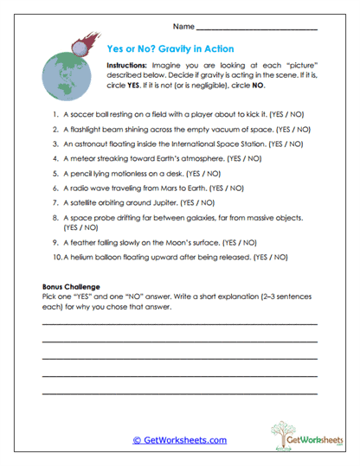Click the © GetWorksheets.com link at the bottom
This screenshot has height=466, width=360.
[x=179, y=440]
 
